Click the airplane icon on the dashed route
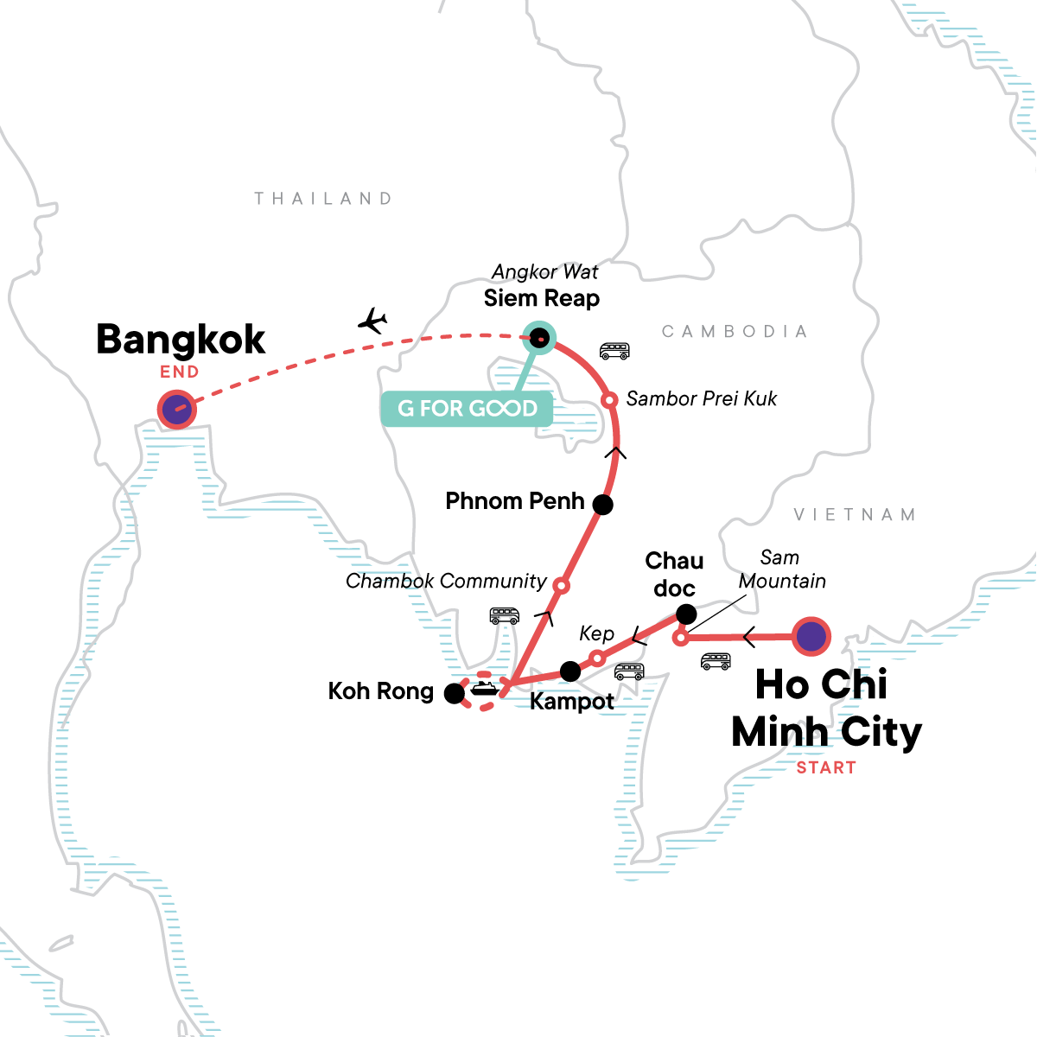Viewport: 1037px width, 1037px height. tap(372, 321)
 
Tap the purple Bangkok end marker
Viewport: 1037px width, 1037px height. tap(177, 410)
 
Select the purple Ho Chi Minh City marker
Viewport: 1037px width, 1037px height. tap(811, 637)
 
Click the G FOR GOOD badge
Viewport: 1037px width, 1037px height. tap(467, 409)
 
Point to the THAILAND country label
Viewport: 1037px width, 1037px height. tap(323, 199)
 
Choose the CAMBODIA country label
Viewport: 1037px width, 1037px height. tap(735, 332)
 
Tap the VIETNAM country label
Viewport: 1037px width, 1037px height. tap(855, 515)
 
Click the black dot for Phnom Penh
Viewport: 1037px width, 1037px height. tap(602, 505)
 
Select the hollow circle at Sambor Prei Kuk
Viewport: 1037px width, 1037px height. tap(609, 400)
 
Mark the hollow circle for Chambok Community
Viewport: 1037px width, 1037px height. tap(560, 586)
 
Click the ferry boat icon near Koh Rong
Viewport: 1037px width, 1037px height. tap(482, 688)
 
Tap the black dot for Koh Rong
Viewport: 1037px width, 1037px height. tap(454, 693)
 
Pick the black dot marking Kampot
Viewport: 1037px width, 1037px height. tap(570, 671)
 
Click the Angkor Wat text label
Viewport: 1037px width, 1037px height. tap(544, 272)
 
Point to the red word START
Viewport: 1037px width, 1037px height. tap(826, 767)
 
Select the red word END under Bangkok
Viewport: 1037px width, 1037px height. tap(180, 372)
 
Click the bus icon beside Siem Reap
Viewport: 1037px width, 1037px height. tap(614, 351)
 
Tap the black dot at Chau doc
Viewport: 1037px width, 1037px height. tap(685, 614)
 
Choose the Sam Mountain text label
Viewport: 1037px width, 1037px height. tap(781, 569)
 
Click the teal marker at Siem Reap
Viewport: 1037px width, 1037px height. tap(539, 338)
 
